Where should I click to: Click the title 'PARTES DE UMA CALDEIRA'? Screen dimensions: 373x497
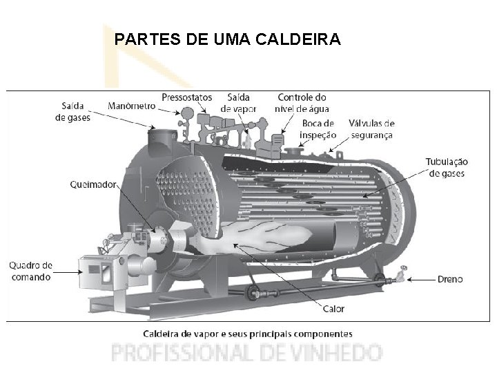[x=227, y=39]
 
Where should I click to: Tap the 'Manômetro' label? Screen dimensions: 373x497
[x=131, y=106]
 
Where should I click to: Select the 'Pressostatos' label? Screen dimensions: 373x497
[x=187, y=97]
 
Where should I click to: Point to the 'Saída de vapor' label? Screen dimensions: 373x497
[x=238, y=103]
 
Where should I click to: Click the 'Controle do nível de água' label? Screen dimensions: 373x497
[x=302, y=103]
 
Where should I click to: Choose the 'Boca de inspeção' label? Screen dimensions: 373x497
[x=318, y=128]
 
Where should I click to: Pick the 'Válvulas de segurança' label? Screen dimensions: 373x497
[x=371, y=128]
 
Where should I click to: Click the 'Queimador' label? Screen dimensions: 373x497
[x=94, y=184]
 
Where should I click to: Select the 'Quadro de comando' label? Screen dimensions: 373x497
[x=30, y=271]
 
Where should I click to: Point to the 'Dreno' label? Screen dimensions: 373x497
[x=450, y=280]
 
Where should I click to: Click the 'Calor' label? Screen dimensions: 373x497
[x=333, y=308]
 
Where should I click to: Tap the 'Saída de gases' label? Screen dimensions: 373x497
[x=72, y=111]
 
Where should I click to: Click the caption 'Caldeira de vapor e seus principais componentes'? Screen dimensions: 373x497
[x=247, y=333]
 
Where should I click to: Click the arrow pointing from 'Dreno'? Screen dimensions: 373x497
[x=420, y=280]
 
